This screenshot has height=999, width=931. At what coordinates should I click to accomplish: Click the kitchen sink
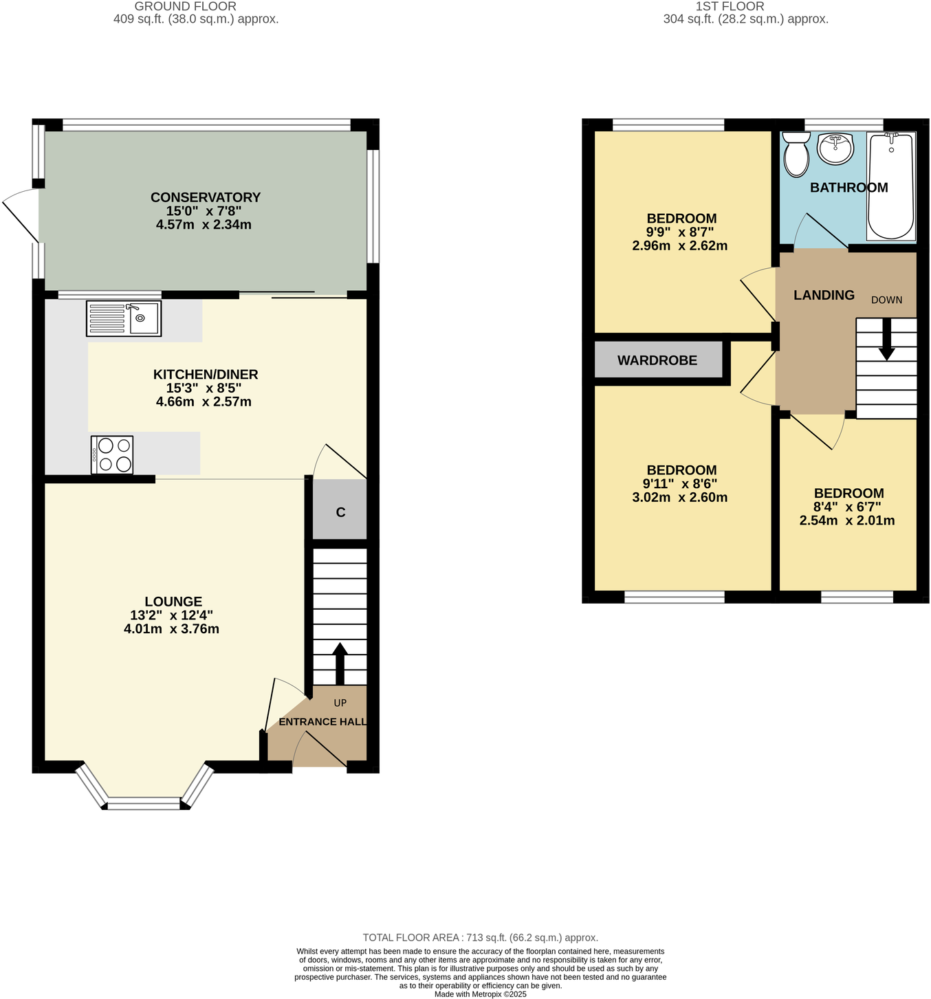pos(124,318)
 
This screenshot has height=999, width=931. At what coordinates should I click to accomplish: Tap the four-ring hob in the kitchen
pos(112,455)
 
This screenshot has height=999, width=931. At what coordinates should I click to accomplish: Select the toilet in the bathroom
pos(796,155)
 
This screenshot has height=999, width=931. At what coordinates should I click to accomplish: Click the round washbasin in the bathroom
pos(835,149)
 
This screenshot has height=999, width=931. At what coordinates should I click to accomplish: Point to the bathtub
pos(890,186)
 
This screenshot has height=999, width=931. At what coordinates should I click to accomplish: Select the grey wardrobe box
pos(657,360)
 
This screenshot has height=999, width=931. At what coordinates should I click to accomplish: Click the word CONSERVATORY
pos(206,197)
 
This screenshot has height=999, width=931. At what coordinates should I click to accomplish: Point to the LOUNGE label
pos(173,602)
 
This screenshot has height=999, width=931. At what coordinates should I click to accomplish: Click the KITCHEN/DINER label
pos(206,375)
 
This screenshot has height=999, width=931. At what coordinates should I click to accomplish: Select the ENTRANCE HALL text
pos(322,722)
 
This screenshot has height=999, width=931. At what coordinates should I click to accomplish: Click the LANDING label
pos(824,295)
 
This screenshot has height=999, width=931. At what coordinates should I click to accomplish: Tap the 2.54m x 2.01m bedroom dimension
pos(846,520)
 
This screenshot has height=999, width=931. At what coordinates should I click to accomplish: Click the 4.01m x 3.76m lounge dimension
pos(171,628)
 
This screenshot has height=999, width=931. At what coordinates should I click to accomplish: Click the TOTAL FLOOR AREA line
pos(480,937)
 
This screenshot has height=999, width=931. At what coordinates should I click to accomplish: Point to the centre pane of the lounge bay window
pos(144,804)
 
